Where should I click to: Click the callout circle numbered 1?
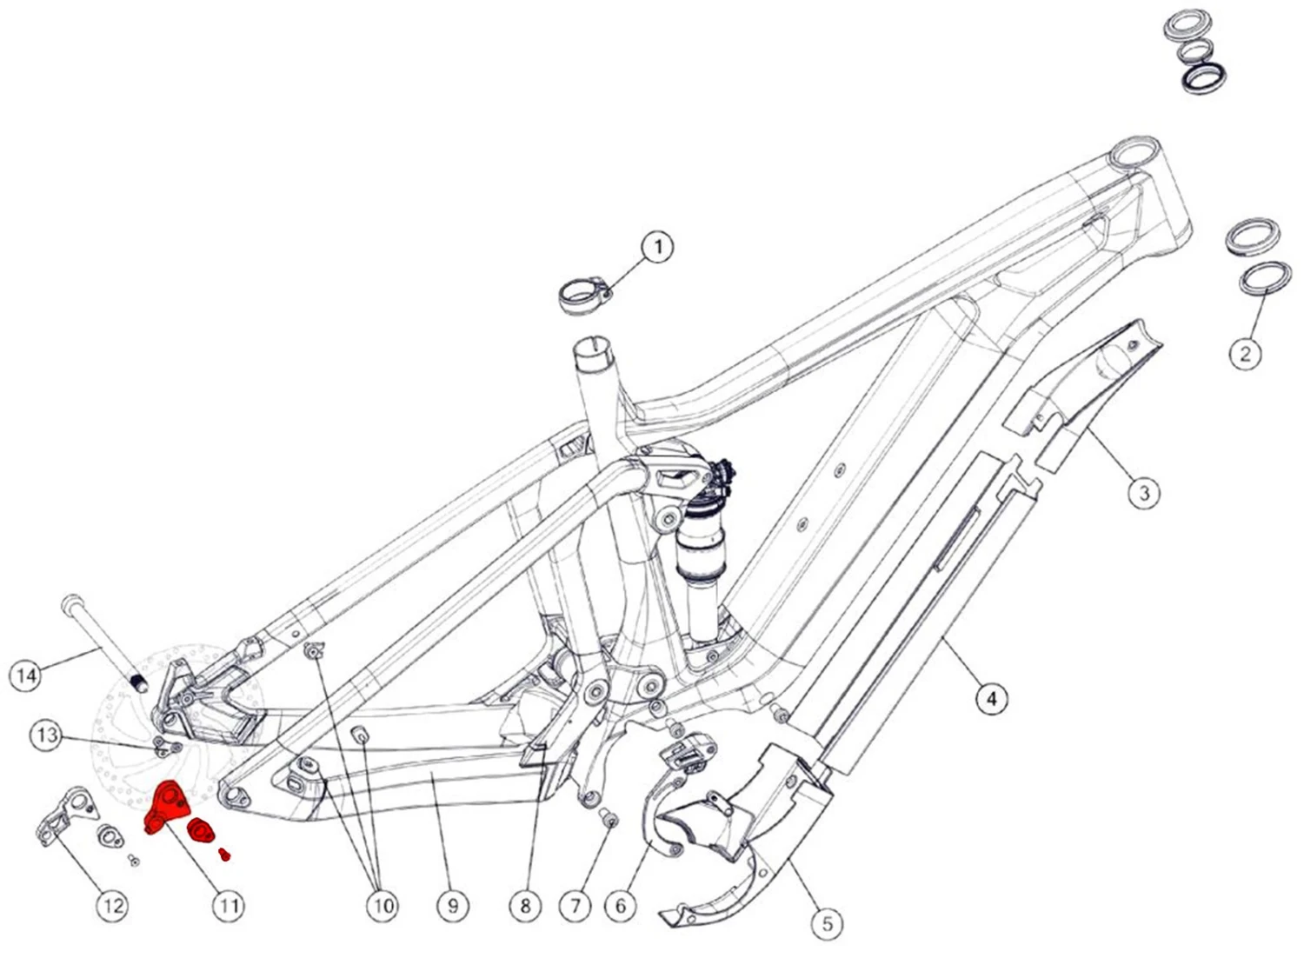tap(657, 247)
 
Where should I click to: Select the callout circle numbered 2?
tap(1245, 353)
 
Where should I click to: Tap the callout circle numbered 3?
tap(1144, 493)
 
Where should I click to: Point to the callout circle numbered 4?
tap(991, 697)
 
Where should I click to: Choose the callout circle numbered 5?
tap(827, 923)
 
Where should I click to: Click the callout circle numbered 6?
tap(620, 906)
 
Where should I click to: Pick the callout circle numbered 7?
tap(575, 906)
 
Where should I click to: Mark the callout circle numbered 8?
tap(525, 906)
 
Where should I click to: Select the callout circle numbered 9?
tap(453, 906)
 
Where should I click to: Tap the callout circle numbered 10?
tap(383, 906)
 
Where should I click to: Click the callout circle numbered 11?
tap(228, 906)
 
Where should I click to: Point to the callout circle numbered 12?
tap(113, 906)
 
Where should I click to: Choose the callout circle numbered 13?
tap(47, 735)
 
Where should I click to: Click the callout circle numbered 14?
tap(26, 675)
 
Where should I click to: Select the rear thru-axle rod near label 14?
tap(100, 638)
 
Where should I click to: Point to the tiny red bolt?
tap(224, 855)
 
